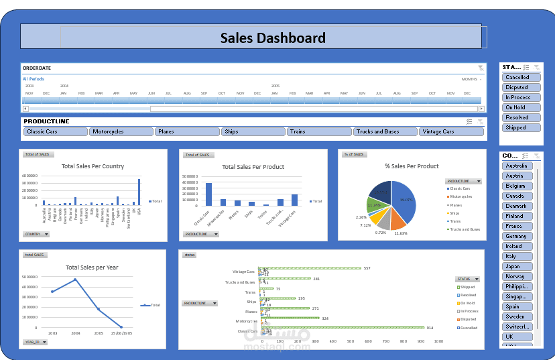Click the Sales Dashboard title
273,38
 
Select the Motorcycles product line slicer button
121,132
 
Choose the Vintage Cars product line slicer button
451,132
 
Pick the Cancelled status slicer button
521,77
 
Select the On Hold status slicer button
521,107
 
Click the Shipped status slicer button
521,127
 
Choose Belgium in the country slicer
518,186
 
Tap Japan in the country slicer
518,266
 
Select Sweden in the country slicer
518,316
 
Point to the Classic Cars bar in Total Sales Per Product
208,194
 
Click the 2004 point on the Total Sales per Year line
75,280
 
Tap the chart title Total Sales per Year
92,267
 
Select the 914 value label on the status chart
430,328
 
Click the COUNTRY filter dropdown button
36,235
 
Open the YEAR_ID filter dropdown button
35,342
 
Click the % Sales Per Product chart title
412,166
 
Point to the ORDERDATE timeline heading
37,68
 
